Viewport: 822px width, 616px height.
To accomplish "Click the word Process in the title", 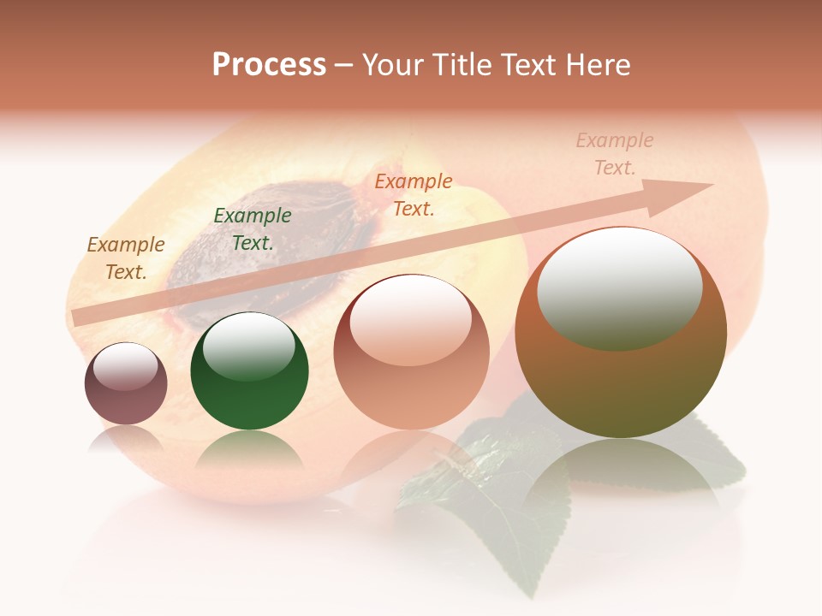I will tap(269, 65).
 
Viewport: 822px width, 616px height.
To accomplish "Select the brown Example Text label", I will tap(126, 258).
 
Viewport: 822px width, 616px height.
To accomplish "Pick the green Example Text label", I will tap(253, 228).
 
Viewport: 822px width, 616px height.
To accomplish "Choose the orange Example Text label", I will tap(414, 194).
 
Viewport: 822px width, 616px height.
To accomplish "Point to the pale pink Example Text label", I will tap(615, 154).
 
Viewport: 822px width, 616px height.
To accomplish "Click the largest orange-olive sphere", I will tap(621, 385).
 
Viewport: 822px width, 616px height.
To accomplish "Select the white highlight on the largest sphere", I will tap(620, 287).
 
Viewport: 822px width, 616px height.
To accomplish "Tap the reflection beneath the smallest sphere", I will tap(126, 440).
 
